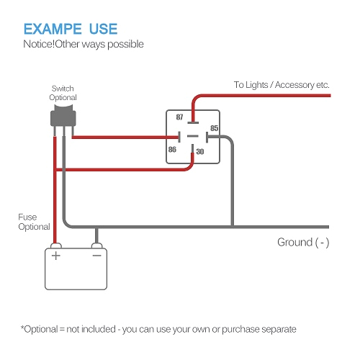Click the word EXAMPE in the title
[52, 29]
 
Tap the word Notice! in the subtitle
[40, 45]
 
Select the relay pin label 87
[179, 116]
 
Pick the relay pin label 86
[172, 150]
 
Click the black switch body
[63, 116]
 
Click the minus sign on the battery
[96, 255]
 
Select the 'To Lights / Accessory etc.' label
[282, 85]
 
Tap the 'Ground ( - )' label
[303, 243]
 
